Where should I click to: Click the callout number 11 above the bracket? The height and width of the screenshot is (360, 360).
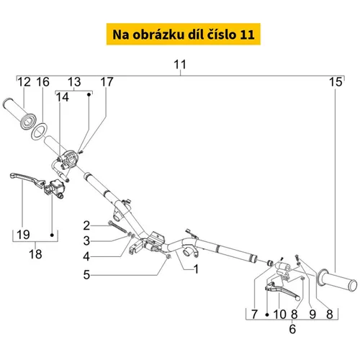click(x=180, y=65)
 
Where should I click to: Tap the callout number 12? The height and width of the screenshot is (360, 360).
click(x=24, y=82)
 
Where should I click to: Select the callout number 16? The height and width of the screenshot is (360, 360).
click(x=43, y=82)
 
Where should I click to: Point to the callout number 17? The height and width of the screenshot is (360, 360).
click(x=107, y=82)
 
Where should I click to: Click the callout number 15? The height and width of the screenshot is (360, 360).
click(x=336, y=82)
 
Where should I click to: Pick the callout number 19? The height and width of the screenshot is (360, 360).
click(x=23, y=235)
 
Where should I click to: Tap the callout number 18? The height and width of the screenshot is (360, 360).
click(x=35, y=254)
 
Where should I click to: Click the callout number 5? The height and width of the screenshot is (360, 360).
click(x=86, y=275)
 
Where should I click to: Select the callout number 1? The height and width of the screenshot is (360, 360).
click(x=196, y=269)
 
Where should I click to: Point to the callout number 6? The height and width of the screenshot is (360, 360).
click(x=292, y=329)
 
